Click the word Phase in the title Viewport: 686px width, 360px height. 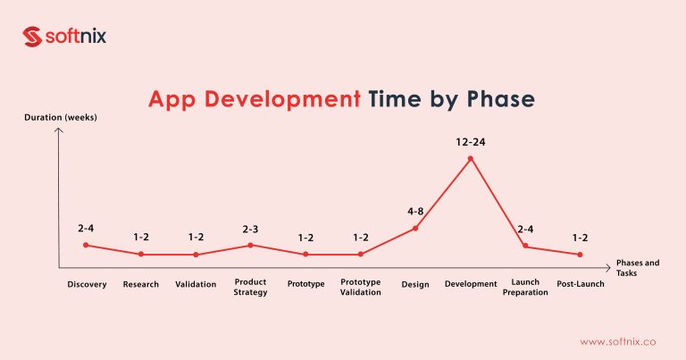[x=501, y=99]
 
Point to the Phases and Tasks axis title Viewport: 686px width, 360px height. [x=638, y=268]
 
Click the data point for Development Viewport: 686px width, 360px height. [x=471, y=159]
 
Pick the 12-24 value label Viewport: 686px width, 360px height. [x=471, y=141]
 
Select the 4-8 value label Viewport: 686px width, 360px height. [x=415, y=212]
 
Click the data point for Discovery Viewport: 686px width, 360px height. [x=86, y=245]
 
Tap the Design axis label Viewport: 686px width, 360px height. [x=415, y=285]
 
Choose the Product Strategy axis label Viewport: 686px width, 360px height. [x=250, y=287]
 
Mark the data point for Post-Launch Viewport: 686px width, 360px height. [x=581, y=255]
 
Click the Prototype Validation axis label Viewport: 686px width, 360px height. [x=361, y=287]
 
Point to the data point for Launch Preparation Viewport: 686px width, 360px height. [x=525, y=246]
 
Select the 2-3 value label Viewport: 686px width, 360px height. [x=250, y=229]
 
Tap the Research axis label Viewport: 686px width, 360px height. [x=140, y=285]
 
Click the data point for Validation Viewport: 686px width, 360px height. [x=196, y=255]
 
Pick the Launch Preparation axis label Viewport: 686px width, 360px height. [x=525, y=287]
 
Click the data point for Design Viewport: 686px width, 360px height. [x=415, y=229]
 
